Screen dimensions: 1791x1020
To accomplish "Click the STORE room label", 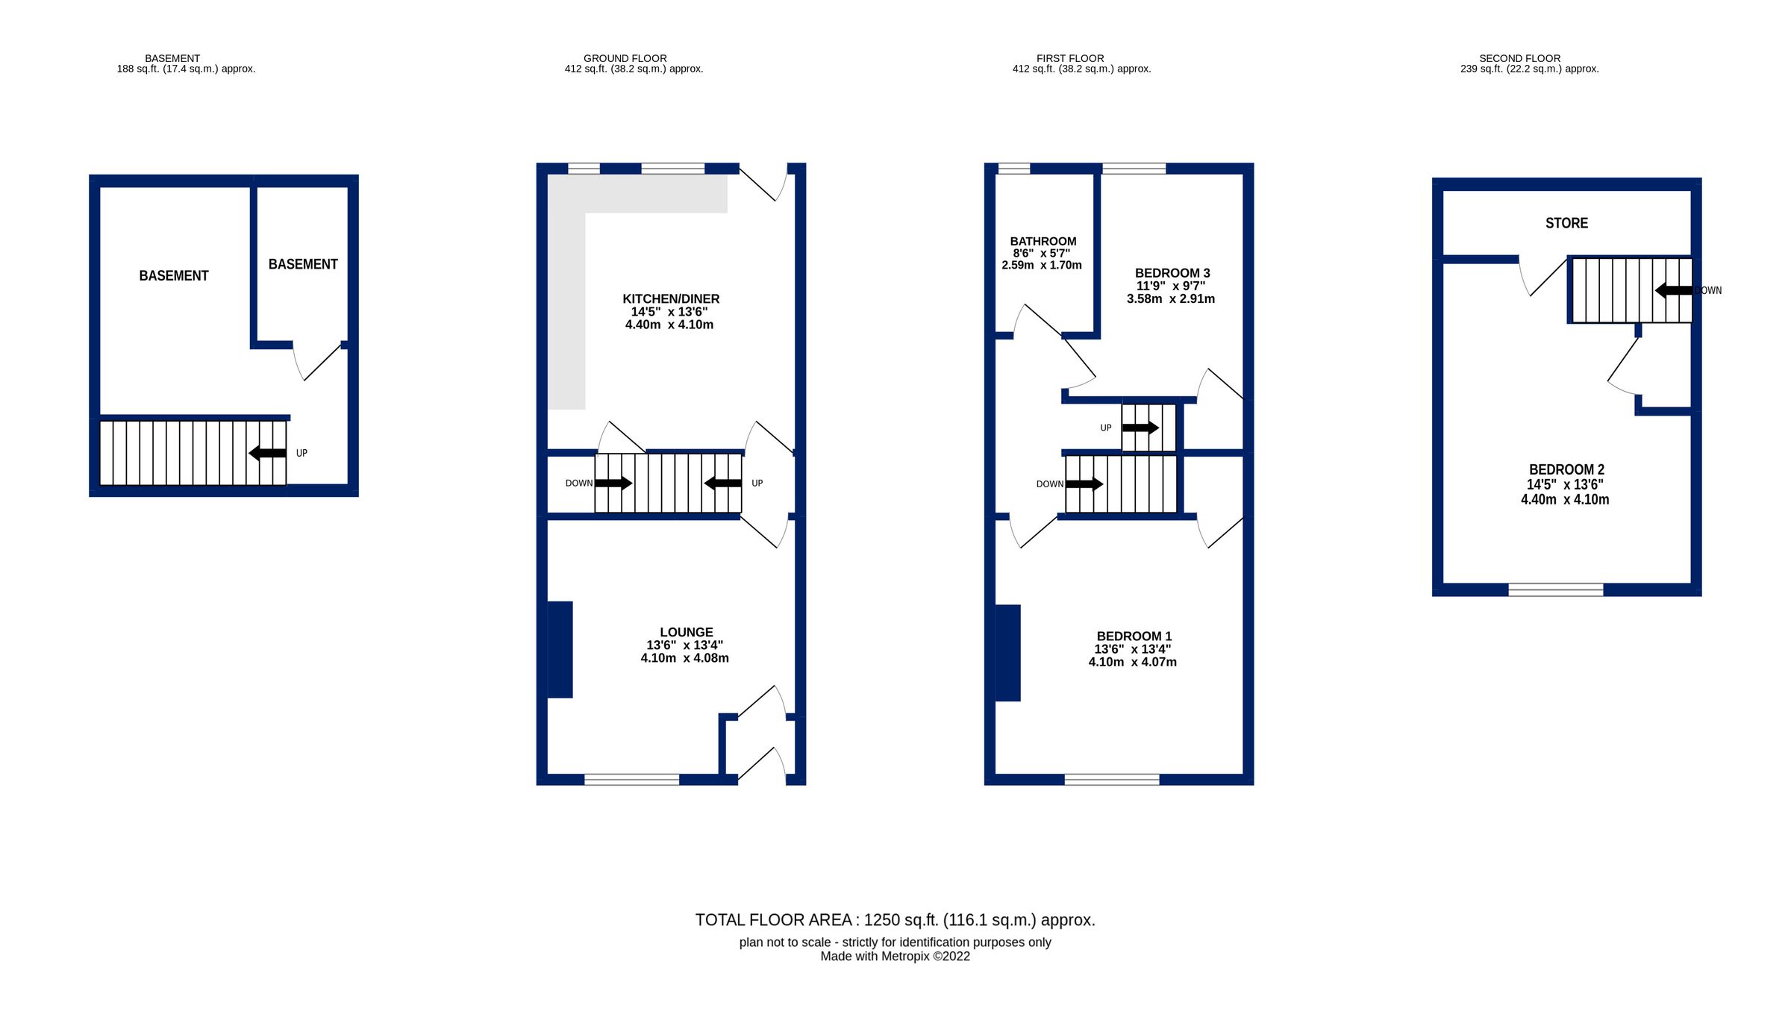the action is (1566, 223).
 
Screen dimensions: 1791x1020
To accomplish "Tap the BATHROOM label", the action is (1043, 242).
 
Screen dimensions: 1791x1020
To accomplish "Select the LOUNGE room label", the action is (687, 632).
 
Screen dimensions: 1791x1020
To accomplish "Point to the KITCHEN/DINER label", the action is (671, 299).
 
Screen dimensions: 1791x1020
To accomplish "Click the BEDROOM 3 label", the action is (1172, 273).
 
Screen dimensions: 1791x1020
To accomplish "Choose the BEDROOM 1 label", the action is (1134, 636).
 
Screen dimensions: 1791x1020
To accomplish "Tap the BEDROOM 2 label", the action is (1566, 469).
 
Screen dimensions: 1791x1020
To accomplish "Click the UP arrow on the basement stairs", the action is (267, 453).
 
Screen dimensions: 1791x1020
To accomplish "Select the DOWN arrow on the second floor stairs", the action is (1674, 290).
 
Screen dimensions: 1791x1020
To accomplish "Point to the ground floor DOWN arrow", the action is (613, 484).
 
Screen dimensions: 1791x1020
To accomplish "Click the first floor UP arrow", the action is (1140, 428).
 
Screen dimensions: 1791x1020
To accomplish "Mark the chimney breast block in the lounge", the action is (560, 650).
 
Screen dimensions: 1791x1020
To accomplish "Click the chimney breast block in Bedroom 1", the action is (1008, 653).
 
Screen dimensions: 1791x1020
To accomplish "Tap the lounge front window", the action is (631, 780).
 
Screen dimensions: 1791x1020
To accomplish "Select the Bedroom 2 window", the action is (1556, 590).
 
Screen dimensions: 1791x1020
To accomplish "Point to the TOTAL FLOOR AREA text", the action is (895, 920).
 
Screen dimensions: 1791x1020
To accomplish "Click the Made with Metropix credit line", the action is (895, 957).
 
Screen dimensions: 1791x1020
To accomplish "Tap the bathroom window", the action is (1013, 169).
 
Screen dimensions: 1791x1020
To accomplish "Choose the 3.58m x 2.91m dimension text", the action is (1171, 299).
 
